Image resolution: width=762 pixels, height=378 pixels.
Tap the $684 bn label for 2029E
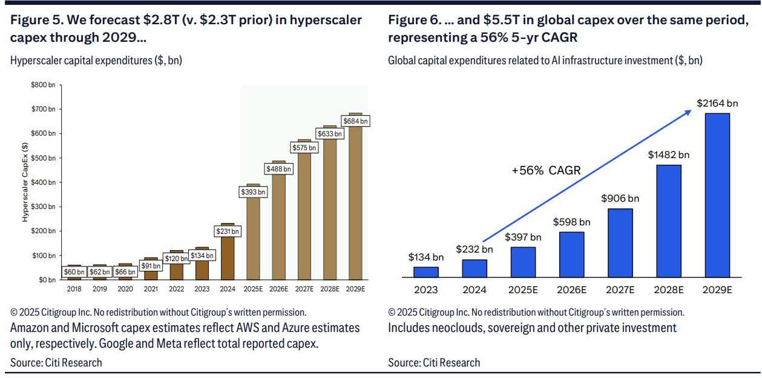point(355,121)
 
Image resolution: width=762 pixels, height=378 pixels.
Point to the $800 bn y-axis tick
point(43,85)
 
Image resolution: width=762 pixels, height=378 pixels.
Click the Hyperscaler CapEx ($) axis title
point(25,182)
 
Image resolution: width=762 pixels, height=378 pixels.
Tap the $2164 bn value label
point(717,103)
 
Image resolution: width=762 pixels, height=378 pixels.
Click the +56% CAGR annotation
point(547,171)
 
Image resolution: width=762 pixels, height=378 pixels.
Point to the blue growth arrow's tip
point(692,110)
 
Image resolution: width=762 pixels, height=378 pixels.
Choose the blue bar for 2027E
point(620,242)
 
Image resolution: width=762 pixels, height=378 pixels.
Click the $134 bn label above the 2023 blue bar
point(426,257)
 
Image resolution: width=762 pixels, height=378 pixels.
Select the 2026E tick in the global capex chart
point(572,290)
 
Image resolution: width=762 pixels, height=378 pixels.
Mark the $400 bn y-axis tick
point(43,182)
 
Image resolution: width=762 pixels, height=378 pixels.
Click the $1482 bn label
point(669,154)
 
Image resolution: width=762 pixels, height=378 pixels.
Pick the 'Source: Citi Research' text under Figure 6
point(434,363)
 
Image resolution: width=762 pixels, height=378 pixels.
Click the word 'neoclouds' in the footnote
point(453,328)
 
